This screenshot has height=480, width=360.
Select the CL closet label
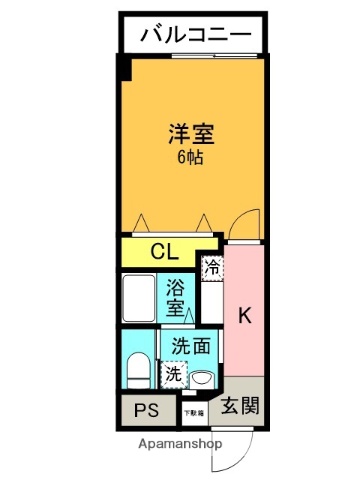[x=165, y=251]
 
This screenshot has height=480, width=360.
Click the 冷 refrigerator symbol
[x=212, y=267]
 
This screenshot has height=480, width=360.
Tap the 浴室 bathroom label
[x=175, y=296]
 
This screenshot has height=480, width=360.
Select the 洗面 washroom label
[x=190, y=347]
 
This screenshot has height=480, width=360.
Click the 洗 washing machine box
[x=174, y=375]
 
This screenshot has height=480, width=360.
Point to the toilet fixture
[x=138, y=371]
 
